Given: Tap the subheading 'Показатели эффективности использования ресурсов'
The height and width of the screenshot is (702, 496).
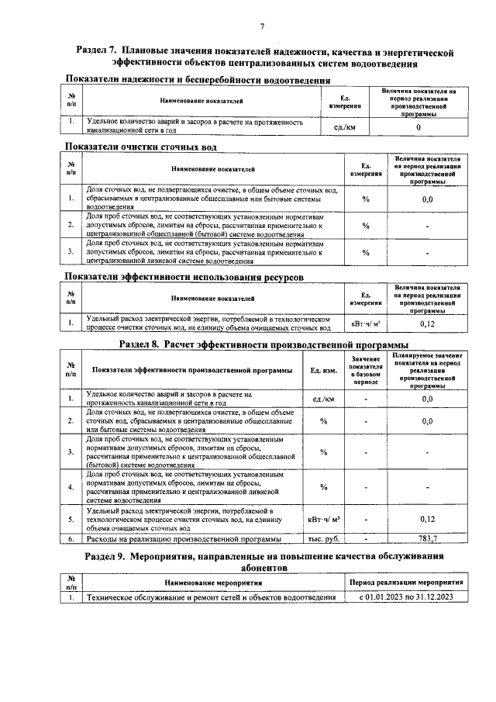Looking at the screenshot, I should click(x=184, y=277).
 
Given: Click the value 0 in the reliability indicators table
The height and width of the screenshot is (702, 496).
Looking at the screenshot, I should click(x=418, y=126).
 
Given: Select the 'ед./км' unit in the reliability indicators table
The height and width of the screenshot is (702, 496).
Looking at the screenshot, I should click(x=345, y=126).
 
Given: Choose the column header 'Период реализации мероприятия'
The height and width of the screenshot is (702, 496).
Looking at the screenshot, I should click(x=406, y=582).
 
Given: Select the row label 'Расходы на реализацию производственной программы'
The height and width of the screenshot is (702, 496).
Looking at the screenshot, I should click(x=184, y=538).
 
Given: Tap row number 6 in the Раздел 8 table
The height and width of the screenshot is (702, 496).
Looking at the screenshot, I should click(x=71, y=538).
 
